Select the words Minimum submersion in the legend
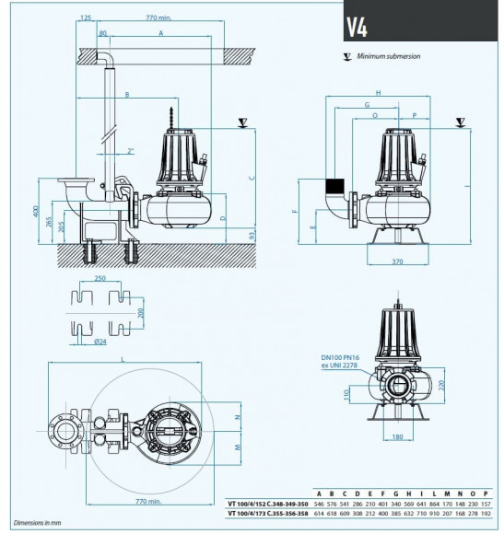[x=389, y=56]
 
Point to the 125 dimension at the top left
[x=86, y=17]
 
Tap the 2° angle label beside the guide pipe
[x=132, y=150]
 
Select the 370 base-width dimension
[x=397, y=262]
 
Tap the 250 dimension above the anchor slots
[x=100, y=277]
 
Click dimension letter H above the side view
[x=379, y=92]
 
